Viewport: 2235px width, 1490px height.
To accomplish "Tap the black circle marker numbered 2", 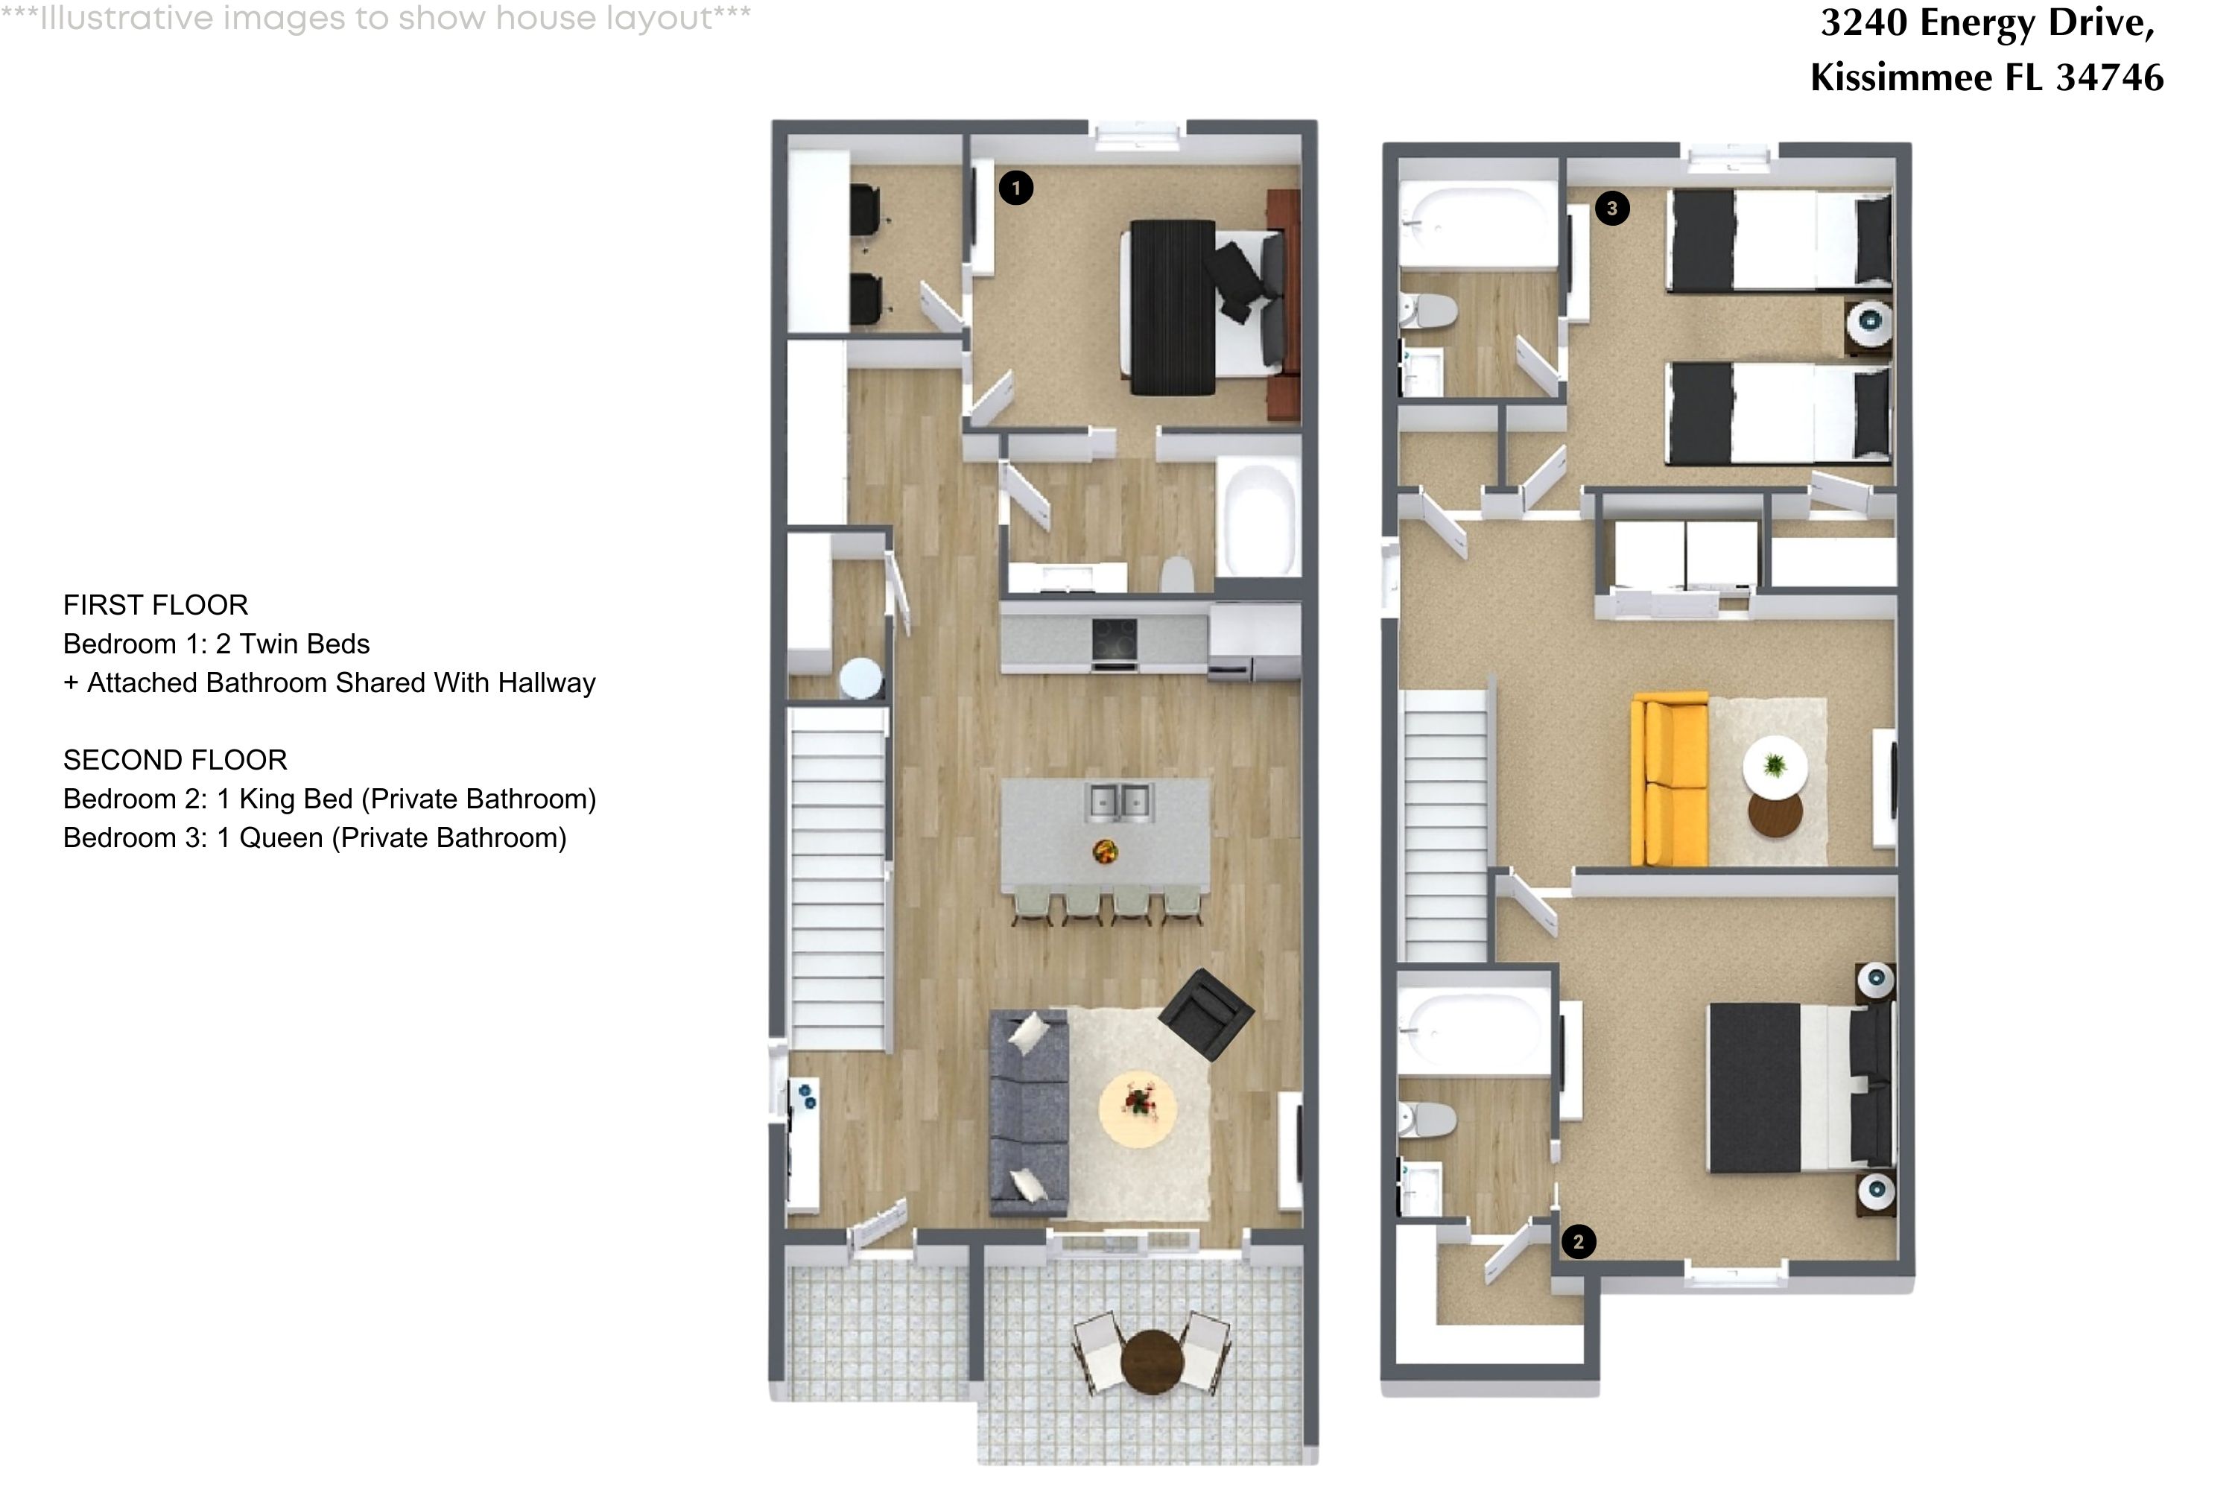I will tap(1579, 1241).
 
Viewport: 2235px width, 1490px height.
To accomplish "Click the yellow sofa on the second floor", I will tap(1670, 781).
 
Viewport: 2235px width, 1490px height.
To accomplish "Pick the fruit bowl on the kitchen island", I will tap(1105, 852).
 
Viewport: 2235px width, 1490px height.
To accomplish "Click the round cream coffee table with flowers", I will tap(1138, 1108).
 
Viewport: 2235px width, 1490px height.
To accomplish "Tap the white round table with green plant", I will tap(1774, 766).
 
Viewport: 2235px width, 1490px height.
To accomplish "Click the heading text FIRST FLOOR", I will tap(156, 605).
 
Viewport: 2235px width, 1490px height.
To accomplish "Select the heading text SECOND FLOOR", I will tap(175, 760).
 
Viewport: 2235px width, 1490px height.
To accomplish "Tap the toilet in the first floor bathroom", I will tap(1177, 574).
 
